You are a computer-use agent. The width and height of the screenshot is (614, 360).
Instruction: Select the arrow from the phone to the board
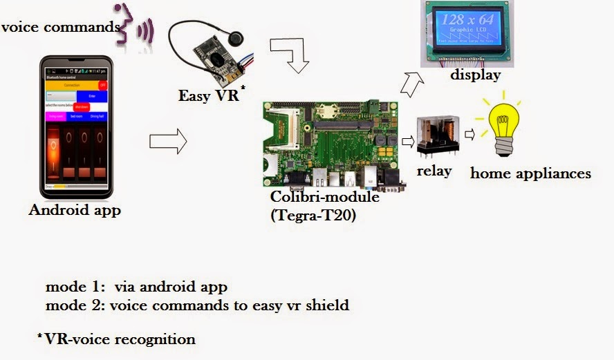point(168,142)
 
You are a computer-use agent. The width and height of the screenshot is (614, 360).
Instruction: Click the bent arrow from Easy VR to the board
point(292,55)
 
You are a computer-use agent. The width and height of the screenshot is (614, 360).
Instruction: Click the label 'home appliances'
point(530,173)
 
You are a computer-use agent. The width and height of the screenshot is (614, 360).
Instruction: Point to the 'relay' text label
point(434,171)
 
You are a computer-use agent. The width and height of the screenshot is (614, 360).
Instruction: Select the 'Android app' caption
point(75,210)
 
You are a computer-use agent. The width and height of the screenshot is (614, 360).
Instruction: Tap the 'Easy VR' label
point(207,96)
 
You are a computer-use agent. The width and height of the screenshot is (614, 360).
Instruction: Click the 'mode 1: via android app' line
point(136,286)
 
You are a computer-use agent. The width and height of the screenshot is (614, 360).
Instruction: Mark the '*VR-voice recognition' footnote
point(116,339)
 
